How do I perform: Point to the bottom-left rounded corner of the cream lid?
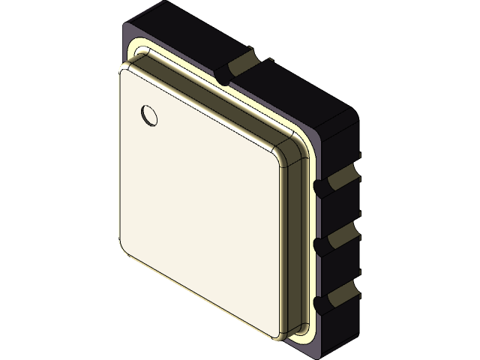pyautogui.click(x=123, y=250)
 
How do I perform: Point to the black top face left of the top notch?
pyautogui.click(x=180, y=37)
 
